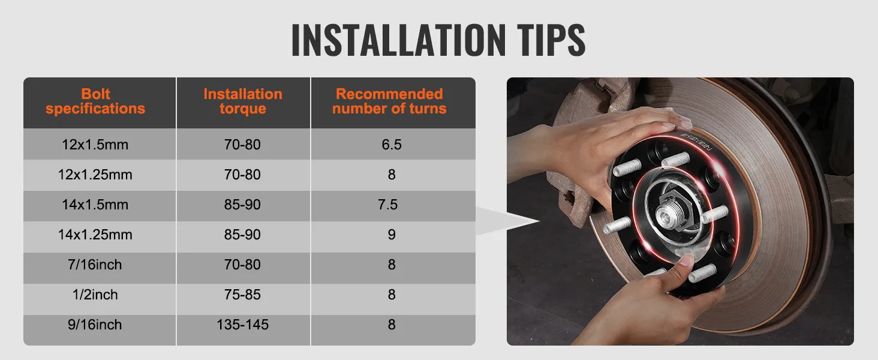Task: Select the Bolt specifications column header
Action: [95, 101]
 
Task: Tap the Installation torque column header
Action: [242, 101]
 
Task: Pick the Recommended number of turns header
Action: [389, 101]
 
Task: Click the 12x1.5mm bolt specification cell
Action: [95, 145]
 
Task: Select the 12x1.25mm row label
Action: [95, 175]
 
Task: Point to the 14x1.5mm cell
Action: [95, 205]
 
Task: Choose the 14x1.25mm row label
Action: [95, 235]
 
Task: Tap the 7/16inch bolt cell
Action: [95, 265]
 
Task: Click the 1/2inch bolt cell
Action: [95, 295]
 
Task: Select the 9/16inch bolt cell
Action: [95, 325]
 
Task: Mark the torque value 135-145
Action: [242, 325]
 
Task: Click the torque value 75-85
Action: [242, 295]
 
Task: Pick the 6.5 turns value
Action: [391, 145]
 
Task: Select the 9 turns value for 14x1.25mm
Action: [391, 235]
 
